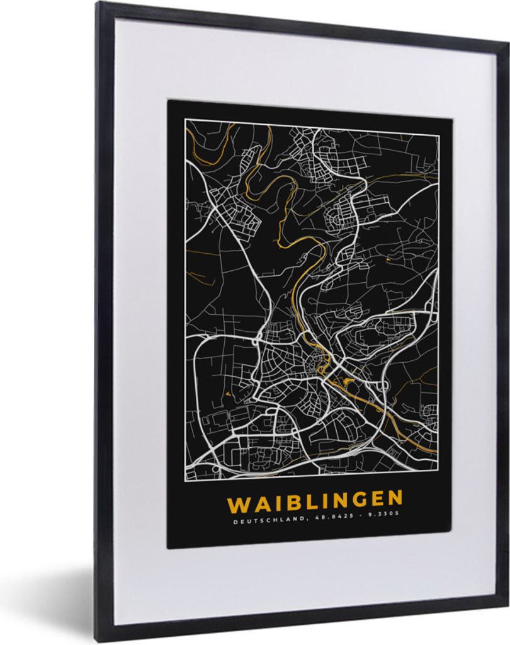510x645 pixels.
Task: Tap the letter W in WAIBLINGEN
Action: (238, 504)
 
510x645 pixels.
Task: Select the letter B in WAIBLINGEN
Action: (286, 503)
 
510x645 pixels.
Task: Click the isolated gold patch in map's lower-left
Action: (224, 395)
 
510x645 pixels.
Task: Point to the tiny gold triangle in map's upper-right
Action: (388, 259)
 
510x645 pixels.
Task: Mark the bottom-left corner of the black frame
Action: (101, 641)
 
